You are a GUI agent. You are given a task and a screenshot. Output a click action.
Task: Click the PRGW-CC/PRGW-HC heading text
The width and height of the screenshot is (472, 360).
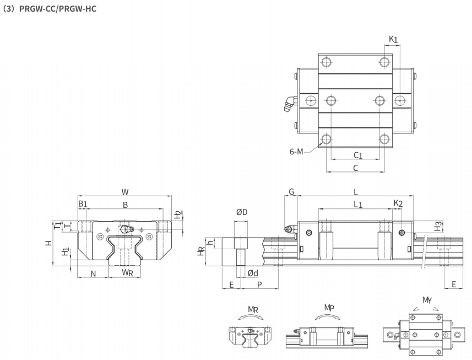57,9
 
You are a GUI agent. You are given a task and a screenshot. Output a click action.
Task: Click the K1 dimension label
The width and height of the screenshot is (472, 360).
393,39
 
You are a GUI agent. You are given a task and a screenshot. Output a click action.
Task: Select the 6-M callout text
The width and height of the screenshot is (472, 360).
296,152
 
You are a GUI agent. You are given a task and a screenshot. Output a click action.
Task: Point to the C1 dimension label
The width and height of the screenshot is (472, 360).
358,155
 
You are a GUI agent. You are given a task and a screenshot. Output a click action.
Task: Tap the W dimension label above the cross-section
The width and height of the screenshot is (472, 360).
125,192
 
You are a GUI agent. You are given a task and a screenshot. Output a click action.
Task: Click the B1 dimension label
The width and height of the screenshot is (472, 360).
83,204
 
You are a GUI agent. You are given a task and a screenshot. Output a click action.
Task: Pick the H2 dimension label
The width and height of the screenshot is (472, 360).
178,215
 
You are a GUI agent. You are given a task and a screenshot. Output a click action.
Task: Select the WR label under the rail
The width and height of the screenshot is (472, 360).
127,273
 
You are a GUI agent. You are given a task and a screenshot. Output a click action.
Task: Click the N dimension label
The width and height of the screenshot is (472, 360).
93,273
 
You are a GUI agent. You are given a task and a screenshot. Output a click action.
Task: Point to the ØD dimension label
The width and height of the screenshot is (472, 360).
242,212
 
